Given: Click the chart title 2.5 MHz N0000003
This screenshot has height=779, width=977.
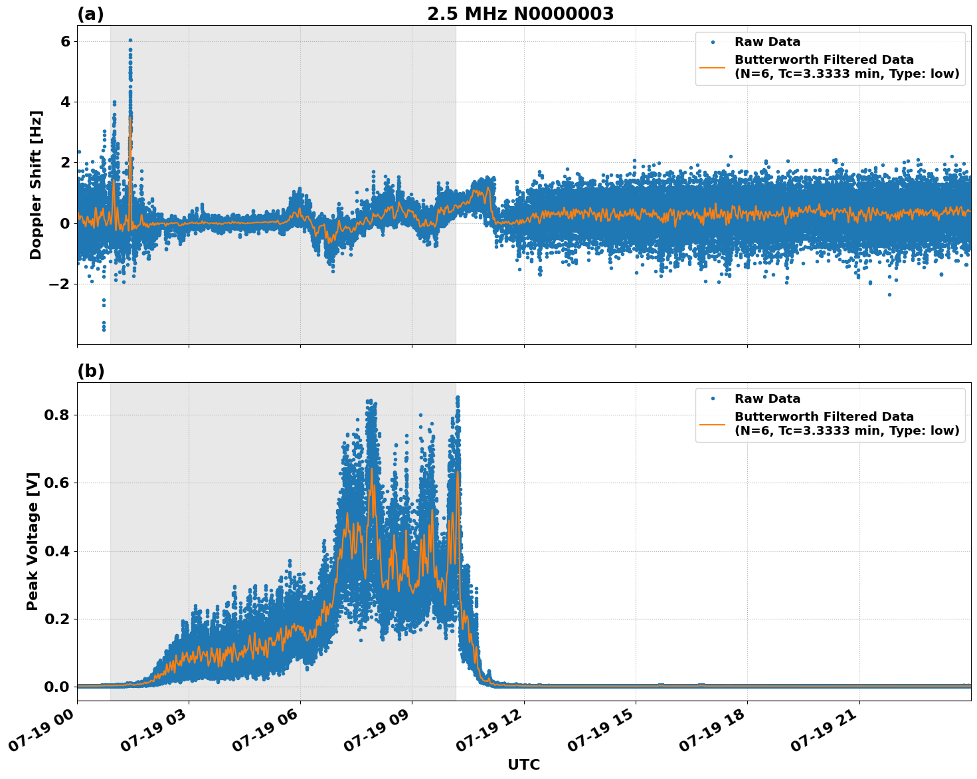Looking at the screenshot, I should tap(520, 14).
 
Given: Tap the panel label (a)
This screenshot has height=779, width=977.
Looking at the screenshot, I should tap(90, 14).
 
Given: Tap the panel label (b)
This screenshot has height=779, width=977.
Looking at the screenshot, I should tap(90, 371).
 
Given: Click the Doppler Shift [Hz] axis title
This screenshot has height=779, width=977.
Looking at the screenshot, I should tap(36, 185).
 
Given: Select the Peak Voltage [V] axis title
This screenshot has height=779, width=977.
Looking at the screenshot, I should tap(33, 541).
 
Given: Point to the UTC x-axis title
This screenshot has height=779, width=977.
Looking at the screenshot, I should tap(523, 764).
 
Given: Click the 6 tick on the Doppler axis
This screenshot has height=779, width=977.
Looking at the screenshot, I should tap(66, 41).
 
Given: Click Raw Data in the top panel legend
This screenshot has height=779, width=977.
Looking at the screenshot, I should tap(767, 42).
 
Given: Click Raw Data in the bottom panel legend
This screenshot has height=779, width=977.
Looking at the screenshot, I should tap(767, 399).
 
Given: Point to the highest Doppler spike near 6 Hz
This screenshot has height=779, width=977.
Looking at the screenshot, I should tap(130, 41).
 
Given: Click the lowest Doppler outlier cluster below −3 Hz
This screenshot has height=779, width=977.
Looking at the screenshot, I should tap(104, 325).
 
